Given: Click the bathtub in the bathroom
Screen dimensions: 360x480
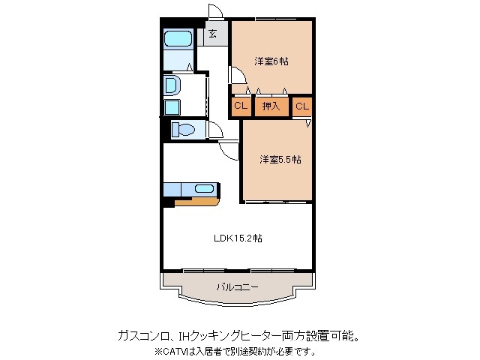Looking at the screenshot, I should pyautogui.click(x=178, y=39).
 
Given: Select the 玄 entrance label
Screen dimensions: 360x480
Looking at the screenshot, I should pyautogui.click(x=212, y=34).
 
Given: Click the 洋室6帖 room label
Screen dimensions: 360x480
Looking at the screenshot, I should pyautogui.click(x=270, y=61).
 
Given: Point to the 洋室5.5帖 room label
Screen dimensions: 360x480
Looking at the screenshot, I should pyautogui.click(x=280, y=159).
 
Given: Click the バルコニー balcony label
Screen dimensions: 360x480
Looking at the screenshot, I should pyautogui.click(x=237, y=286).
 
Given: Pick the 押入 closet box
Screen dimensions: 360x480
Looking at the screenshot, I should pyautogui.click(x=270, y=106).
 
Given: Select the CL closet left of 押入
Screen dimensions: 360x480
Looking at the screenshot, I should pyautogui.click(x=240, y=106).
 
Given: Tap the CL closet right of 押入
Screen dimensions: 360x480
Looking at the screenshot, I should pyautogui.click(x=301, y=106).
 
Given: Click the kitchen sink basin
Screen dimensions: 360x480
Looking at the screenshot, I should pyautogui.click(x=205, y=189).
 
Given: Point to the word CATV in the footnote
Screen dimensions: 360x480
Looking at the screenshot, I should pyautogui.click(x=175, y=350).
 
